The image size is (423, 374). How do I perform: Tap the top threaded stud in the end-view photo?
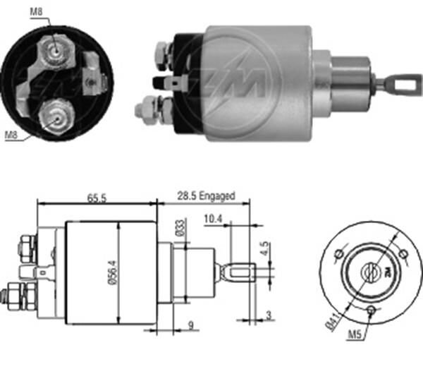point(55,48)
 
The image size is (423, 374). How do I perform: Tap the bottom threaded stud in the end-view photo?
point(54,114)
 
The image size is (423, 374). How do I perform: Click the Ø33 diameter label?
point(180,229)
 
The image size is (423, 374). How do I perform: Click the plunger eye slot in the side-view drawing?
point(241,272)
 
